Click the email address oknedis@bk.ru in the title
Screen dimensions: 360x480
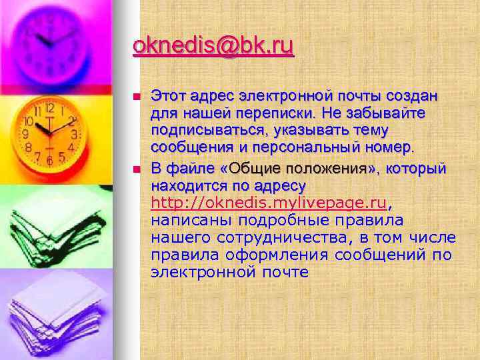point(213,47)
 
